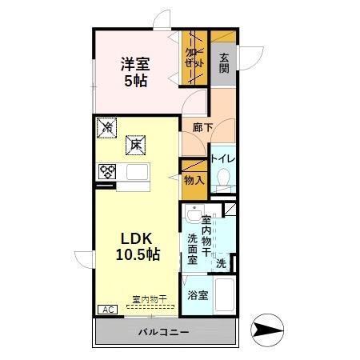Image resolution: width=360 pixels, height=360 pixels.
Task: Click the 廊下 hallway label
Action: tap(202, 126)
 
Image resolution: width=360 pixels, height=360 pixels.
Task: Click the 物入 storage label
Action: tap(194, 180)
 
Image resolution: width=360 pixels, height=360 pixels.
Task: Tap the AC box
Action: tap(106, 308)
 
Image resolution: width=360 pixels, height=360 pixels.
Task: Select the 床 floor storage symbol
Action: tap(135, 145)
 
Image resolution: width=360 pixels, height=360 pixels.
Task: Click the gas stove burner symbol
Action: tap(107, 170)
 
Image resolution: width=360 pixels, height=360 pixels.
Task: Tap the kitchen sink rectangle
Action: tap(135, 172)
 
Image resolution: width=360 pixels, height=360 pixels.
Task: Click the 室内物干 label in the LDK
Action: tap(149, 300)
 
